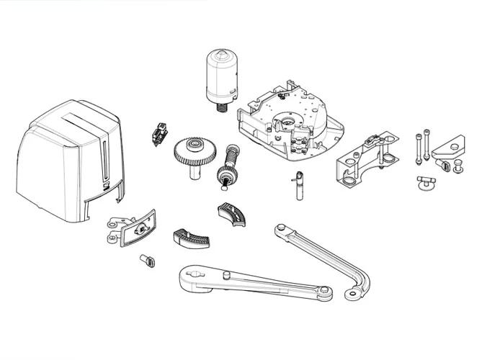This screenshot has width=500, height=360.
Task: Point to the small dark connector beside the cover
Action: [x=159, y=134]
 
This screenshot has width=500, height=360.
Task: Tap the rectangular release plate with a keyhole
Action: [x=138, y=228]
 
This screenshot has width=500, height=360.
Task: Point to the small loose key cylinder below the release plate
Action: [x=148, y=260]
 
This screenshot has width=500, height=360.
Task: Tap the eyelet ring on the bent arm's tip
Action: [x=352, y=294]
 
